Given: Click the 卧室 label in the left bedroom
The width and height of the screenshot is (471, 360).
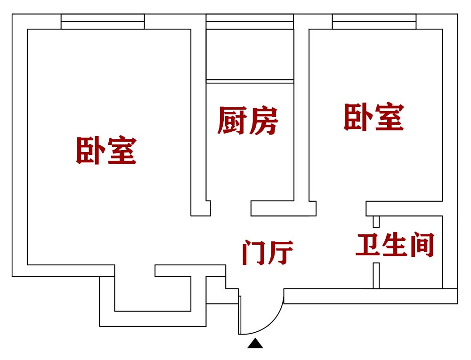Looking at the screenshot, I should (106, 151).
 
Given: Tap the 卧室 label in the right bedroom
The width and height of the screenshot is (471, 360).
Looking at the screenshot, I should (374, 118).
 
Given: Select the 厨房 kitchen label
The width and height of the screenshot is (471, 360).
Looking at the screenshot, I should (248, 121).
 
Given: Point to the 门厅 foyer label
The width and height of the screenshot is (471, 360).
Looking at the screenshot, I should (268, 253).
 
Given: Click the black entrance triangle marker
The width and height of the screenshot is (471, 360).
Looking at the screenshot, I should (255, 344).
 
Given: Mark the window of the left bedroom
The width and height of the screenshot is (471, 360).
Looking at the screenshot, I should (103, 22).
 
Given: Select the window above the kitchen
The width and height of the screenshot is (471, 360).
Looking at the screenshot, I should (250, 22).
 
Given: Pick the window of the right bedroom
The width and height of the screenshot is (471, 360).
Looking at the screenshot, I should (374, 22).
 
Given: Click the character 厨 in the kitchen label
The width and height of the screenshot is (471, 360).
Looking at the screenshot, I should (232, 121).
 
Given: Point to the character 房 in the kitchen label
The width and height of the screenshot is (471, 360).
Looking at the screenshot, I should (263, 121).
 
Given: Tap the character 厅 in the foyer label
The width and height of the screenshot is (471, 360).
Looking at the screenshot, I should (281, 253).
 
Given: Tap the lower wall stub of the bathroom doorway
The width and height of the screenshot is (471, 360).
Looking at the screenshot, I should (376, 275).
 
